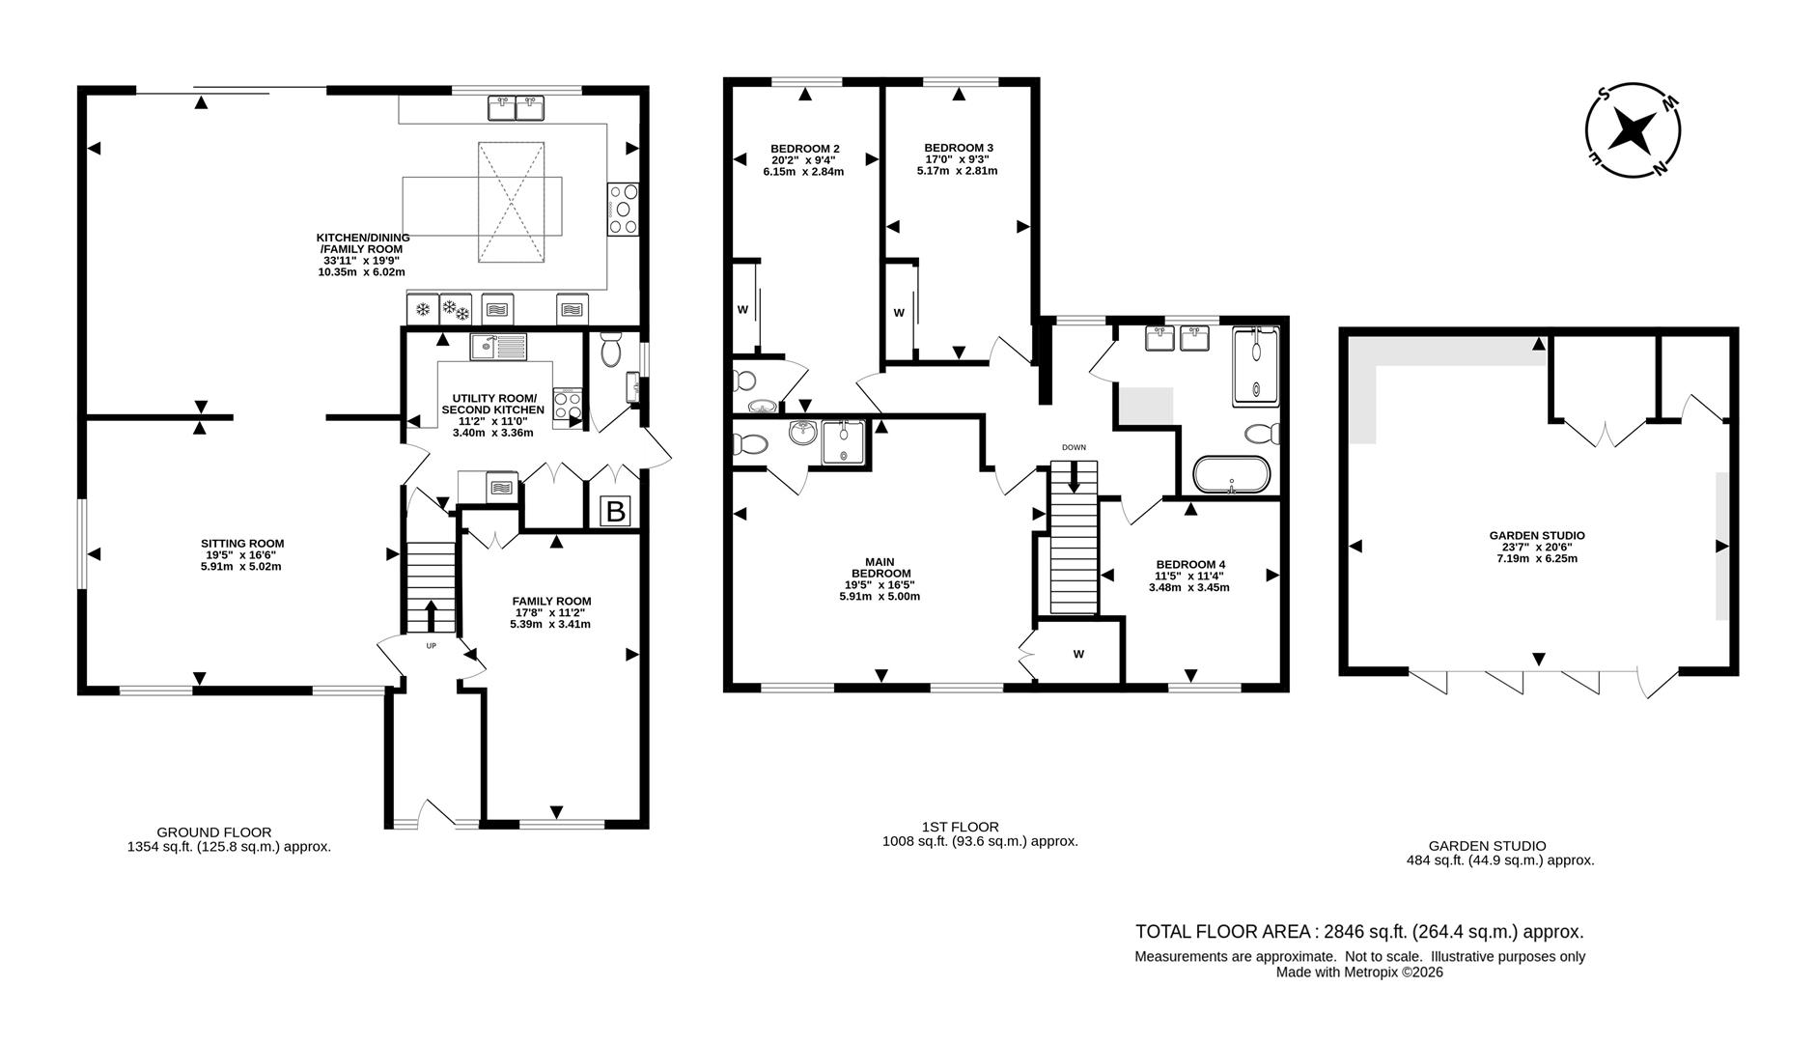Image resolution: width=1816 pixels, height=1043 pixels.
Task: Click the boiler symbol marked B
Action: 615,511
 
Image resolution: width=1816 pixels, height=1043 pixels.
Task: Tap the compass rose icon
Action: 1633,129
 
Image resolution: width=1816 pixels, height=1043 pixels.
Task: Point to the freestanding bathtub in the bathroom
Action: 1231,475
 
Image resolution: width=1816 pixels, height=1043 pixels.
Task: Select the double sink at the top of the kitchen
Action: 516,107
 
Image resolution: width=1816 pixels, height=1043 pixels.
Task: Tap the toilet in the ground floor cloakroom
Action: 611,351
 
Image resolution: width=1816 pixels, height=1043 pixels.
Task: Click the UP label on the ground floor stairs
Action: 431,645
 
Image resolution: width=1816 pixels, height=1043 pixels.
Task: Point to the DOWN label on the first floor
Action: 1074,447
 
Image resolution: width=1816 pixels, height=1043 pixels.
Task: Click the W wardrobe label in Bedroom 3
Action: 898,313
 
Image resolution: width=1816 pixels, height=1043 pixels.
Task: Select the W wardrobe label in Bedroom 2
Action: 742,310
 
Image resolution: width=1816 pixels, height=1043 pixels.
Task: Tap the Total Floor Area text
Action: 1359,932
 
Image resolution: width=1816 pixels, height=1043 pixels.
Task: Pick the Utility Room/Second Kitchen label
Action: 492,415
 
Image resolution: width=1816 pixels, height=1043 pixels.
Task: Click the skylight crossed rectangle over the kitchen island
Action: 511,202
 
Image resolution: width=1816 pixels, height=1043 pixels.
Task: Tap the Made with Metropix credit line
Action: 1359,973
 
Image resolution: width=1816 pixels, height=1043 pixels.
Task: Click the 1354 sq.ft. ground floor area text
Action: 229,847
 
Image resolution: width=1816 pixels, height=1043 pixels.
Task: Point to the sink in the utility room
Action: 498,346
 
